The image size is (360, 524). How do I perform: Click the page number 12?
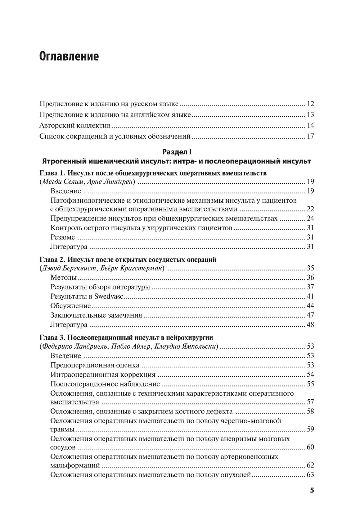pyautogui.click(x=311, y=104)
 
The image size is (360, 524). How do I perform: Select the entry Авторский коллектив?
pyautogui.click(x=75, y=126)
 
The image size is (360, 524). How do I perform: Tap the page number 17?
pyautogui.click(x=311, y=136)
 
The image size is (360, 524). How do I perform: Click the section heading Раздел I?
pyautogui.click(x=176, y=152)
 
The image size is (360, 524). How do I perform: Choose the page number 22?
pyautogui.click(x=311, y=209)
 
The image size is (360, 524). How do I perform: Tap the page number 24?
pyautogui.click(x=311, y=219)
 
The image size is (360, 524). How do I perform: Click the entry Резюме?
pyautogui.click(x=63, y=237)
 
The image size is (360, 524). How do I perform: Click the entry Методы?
pyautogui.click(x=64, y=277)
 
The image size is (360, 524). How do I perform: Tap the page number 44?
pyautogui.click(x=311, y=306)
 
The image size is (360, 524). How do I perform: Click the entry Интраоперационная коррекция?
pyautogui.click(x=103, y=375)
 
